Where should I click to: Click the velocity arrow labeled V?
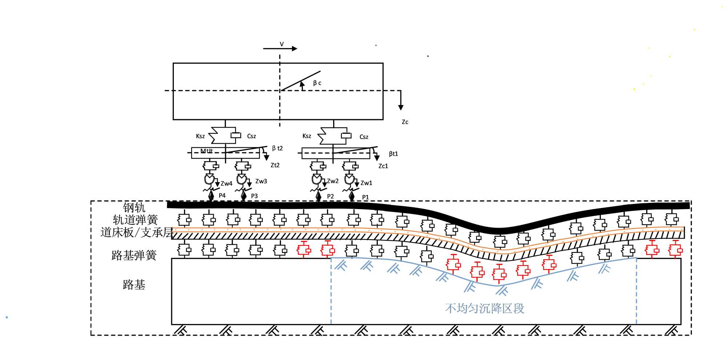(x=280, y=48)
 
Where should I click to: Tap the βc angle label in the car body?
(x=317, y=83)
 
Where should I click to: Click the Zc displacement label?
(x=405, y=122)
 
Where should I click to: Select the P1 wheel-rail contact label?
(x=366, y=197)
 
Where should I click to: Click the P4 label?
(x=222, y=196)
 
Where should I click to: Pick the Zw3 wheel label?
(x=261, y=181)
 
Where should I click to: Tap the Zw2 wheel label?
(x=332, y=181)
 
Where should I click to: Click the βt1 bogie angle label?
(x=393, y=154)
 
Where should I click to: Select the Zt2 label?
(x=275, y=165)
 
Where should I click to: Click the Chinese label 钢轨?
(x=134, y=208)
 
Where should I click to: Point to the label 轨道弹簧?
(x=135, y=220)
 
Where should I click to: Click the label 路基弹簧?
(x=134, y=255)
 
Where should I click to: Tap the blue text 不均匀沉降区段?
(x=484, y=308)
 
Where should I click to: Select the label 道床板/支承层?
(x=137, y=232)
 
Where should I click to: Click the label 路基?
(x=134, y=284)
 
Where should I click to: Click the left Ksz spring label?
(x=200, y=136)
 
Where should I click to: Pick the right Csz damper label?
(x=364, y=137)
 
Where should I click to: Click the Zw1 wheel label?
(x=366, y=183)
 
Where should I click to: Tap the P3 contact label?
(x=254, y=196)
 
